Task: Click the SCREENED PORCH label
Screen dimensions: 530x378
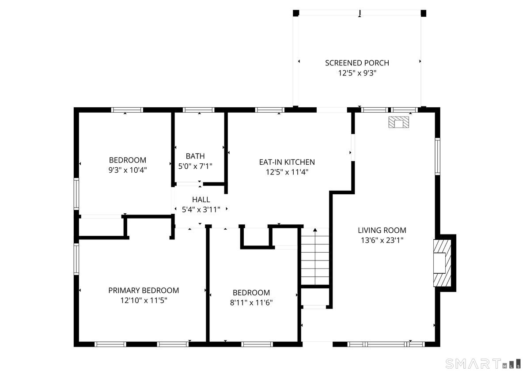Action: point(357,63)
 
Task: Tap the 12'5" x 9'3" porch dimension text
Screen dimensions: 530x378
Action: point(357,73)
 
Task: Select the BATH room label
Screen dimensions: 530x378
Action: point(195,156)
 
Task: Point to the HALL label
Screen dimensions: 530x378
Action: point(201,200)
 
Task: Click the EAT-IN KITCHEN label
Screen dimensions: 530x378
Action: point(287,162)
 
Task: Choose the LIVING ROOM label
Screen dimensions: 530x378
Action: point(382,230)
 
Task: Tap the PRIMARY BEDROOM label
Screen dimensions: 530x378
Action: point(144,291)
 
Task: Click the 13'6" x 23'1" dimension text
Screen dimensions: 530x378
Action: point(382,240)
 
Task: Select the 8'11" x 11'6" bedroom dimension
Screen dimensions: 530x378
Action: point(251,302)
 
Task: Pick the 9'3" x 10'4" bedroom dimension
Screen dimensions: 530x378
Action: point(128,170)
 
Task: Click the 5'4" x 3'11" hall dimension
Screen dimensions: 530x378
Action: point(201,210)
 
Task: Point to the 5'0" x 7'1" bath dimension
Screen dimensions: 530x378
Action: point(195,166)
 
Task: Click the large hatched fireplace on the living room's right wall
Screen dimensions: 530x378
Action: point(442,263)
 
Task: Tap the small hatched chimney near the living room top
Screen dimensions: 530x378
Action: point(399,122)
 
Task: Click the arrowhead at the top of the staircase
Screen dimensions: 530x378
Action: point(315,230)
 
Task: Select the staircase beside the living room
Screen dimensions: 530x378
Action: point(315,257)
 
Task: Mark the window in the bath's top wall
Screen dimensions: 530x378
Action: point(198,110)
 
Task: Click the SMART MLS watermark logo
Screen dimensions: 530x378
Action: point(483,364)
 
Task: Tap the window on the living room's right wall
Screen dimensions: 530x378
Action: point(438,157)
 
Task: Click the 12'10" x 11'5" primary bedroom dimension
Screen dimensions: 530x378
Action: point(144,300)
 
